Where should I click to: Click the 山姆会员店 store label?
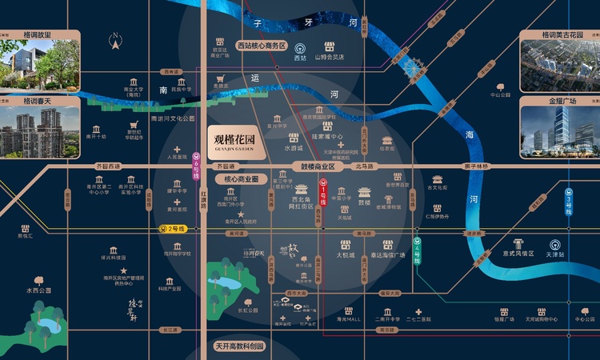(329, 58)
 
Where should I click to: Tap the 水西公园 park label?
(38, 290)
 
